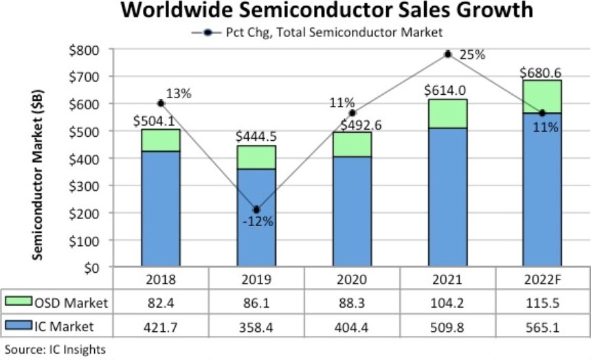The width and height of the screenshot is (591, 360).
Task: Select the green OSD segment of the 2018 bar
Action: click(x=161, y=140)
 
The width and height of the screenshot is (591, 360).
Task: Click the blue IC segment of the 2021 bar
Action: click(x=447, y=196)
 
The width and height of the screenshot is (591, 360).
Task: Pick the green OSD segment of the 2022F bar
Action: click(x=542, y=96)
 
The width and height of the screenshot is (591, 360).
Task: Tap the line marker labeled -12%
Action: click(x=256, y=210)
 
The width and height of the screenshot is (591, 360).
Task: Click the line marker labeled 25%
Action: click(x=447, y=54)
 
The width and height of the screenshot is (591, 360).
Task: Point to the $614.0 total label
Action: click(x=447, y=89)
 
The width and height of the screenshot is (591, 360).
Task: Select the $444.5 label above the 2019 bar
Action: click(x=256, y=135)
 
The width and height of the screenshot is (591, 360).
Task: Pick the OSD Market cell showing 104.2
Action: click(x=447, y=302)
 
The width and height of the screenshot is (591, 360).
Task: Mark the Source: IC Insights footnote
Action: click(x=55, y=350)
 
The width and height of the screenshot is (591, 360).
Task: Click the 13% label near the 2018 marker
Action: click(x=178, y=93)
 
